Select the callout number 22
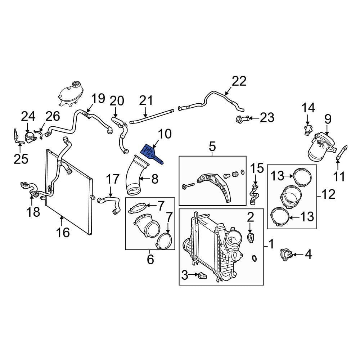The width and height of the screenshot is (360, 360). point(239,81)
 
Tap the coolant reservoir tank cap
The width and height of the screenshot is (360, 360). point(76,85)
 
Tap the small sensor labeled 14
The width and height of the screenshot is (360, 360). point(307,130)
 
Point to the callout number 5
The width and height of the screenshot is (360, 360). point(212,147)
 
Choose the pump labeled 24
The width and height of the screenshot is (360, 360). point(29,137)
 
